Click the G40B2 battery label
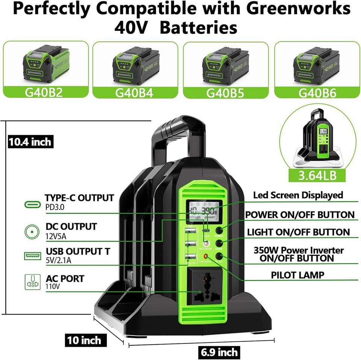click(x=46, y=93)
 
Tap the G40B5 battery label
click(x=226, y=93)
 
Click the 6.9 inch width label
click(x=218, y=352)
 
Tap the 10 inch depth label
click(x=84, y=340)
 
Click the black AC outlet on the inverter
click(x=205, y=290)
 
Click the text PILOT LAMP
click(x=297, y=275)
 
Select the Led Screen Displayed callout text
click(x=298, y=195)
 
